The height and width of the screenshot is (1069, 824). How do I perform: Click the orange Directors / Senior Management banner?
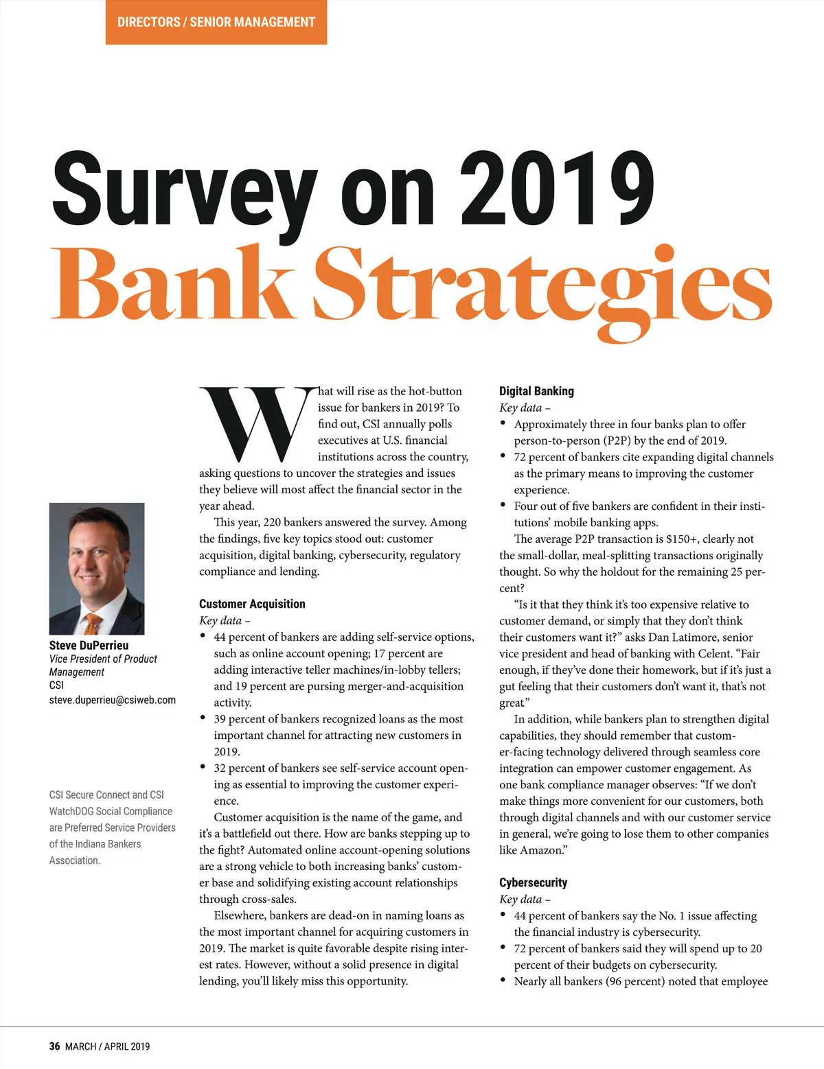[x=216, y=22]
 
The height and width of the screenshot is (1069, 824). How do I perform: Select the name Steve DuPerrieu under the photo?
[x=89, y=645]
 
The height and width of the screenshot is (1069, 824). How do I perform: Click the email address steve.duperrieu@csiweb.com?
[x=112, y=700]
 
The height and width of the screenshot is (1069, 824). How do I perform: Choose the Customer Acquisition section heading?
[x=252, y=604]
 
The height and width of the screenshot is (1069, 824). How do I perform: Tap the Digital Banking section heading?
[x=536, y=391]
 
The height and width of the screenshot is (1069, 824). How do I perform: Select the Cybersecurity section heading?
[x=533, y=882]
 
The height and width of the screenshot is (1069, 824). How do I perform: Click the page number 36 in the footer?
[x=54, y=1046]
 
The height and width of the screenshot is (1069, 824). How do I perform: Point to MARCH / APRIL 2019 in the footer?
[x=107, y=1046]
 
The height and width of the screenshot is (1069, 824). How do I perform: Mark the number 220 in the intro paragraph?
[x=272, y=522]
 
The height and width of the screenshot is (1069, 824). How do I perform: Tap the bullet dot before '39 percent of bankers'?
[x=203, y=718]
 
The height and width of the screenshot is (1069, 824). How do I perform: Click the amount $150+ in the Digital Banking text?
[x=681, y=539]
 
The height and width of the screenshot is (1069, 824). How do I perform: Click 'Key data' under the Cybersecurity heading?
[x=521, y=900]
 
